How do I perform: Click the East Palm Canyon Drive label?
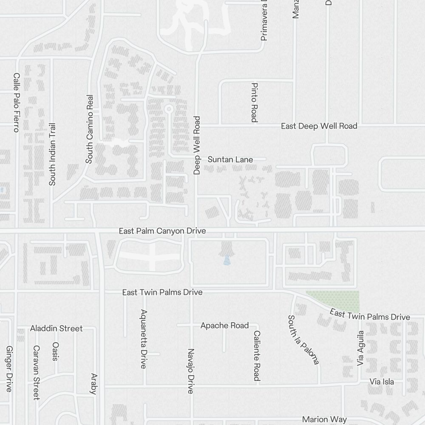[162, 231]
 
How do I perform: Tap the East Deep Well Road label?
[319, 126]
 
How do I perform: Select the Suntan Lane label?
[230, 159]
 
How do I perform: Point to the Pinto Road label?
[254, 102]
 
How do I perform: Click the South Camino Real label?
[89, 129]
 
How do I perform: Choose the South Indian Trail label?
[52, 154]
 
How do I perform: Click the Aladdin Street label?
[56, 329]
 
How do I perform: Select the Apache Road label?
[224, 326]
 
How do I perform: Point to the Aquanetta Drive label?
[144, 339]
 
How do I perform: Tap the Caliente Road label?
[257, 356]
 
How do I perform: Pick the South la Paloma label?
[303, 340]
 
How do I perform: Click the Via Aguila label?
[360, 348]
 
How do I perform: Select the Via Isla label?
[382, 382]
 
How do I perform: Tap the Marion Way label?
[324, 419]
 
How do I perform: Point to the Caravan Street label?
[37, 373]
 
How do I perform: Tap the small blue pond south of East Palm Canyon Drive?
[227, 260]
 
